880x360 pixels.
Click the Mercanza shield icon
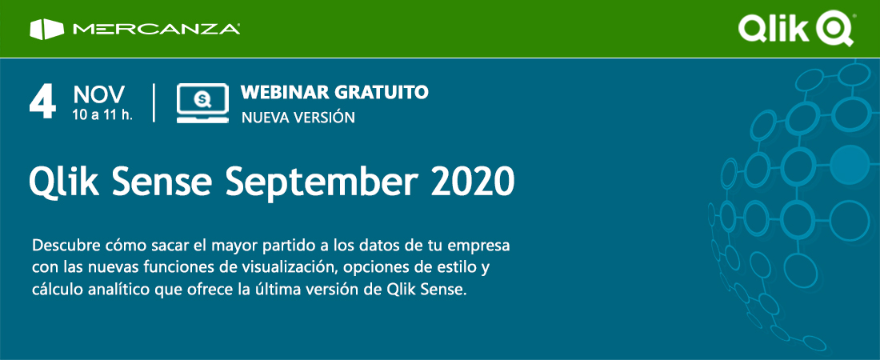point(46,30)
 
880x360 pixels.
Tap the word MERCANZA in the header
point(157,30)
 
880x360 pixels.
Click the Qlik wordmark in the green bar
point(773,29)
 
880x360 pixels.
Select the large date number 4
point(42,102)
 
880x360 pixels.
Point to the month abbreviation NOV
point(98,95)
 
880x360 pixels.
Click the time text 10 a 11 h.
point(102,114)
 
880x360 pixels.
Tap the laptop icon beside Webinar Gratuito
point(202,102)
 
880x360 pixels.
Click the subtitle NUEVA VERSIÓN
point(298,118)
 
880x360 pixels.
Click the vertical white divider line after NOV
point(154,102)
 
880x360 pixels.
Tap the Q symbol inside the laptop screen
point(202,99)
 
